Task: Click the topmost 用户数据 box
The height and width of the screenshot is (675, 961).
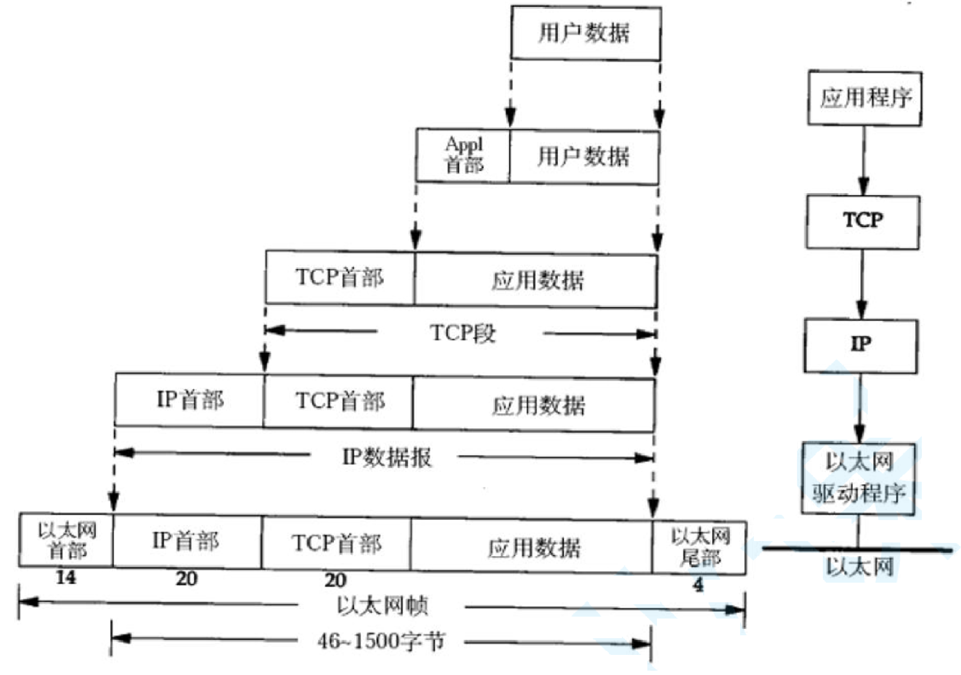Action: click(x=586, y=33)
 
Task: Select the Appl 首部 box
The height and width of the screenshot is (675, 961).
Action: click(x=463, y=155)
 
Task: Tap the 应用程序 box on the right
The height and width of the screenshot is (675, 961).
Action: click(x=865, y=98)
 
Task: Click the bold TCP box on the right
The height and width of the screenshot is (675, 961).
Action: click(x=863, y=221)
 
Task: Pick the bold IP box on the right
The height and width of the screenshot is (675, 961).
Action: click(x=861, y=345)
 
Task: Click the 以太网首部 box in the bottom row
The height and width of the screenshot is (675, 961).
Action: click(x=66, y=540)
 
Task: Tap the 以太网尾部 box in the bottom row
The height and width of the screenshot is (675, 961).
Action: click(x=699, y=547)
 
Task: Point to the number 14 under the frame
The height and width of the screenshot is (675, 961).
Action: click(x=66, y=577)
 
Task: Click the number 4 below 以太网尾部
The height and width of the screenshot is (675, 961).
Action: click(x=699, y=585)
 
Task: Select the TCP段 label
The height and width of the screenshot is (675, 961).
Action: click(x=462, y=332)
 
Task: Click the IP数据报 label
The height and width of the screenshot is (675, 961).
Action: click(x=386, y=457)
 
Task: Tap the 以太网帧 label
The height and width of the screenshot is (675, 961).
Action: click(x=382, y=606)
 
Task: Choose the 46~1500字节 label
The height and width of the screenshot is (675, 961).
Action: click(x=381, y=641)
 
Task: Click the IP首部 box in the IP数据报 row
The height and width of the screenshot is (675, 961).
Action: click(x=189, y=400)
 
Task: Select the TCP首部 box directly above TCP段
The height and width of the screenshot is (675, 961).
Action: click(x=339, y=277)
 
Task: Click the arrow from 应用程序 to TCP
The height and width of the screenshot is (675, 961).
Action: click(x=863, y=160)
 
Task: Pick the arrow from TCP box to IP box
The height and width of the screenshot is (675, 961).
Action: click(x=862, y=284)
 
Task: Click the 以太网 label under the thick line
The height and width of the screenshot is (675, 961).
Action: click(x=859, y=567)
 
